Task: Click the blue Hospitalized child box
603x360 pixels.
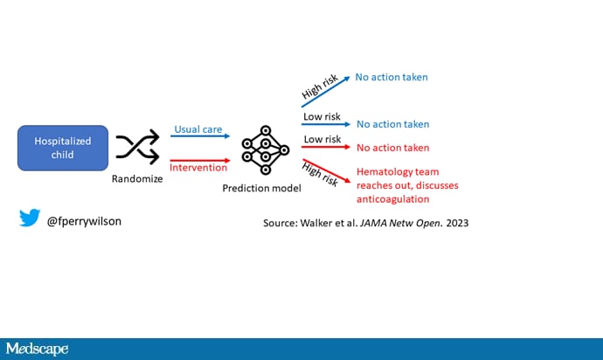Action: tap(63, 148)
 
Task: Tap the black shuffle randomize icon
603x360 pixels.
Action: tap(138, 147)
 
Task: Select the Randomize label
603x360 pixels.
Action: tap(137, 179)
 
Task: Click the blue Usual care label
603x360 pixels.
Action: tap(198, 129)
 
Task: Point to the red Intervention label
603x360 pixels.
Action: tap(198, 168)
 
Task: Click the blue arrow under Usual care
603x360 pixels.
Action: tap(200, 135)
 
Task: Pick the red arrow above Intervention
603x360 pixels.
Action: tap(200, 161)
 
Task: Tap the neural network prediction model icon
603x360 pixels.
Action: tap(266, 149)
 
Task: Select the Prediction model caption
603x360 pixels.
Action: tap(261, 189)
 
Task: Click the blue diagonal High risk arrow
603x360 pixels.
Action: tap(326, 92)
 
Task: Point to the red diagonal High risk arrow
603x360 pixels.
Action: tap(327, 170)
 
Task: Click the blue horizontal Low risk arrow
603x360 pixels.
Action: tap(326, 124)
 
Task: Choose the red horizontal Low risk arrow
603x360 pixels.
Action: tap(326, 147)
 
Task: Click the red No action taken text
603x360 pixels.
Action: tap(392, 148)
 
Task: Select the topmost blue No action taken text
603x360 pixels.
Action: tap(392, 77)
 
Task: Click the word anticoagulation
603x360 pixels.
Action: tap(392, 199)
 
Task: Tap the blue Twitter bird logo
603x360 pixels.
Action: tap(30, 218)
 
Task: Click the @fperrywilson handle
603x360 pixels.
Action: tap(84, 222)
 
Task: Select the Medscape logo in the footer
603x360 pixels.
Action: tap(37, 349)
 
